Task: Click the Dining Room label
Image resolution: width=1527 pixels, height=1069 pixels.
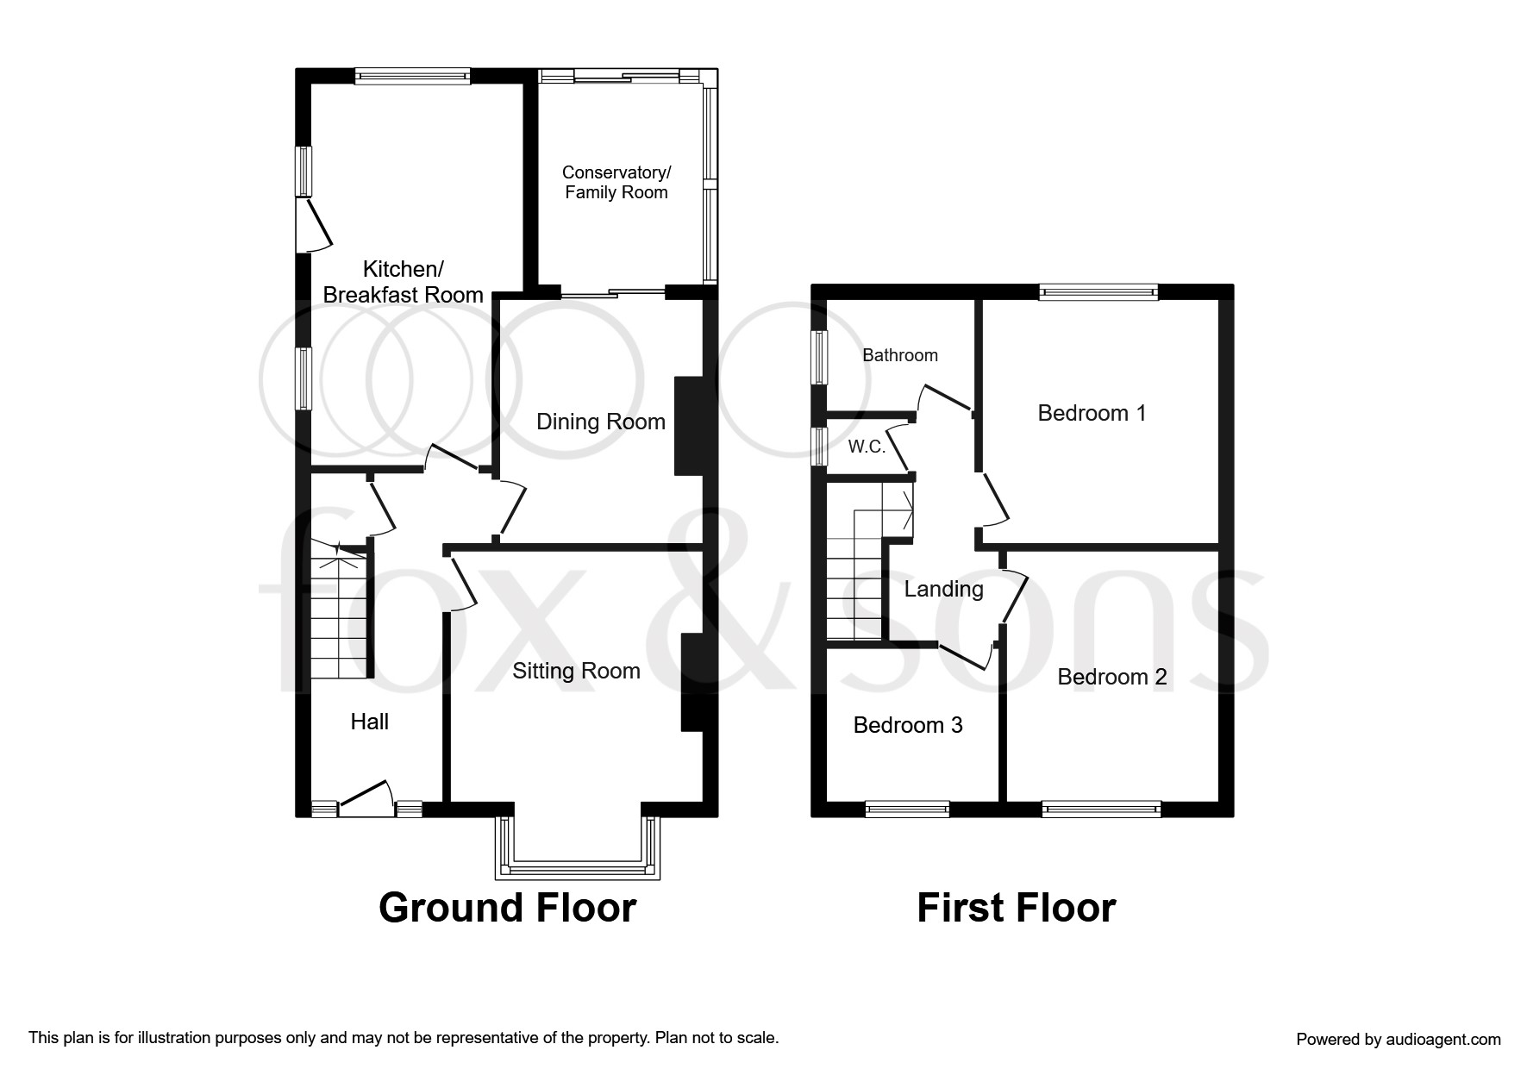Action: click(x=601, y=422)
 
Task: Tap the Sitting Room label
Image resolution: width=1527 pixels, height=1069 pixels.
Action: click(x=576, y=671)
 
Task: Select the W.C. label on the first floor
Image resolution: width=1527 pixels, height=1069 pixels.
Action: click(x=867, y=447)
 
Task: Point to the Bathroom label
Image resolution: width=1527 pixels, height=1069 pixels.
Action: click(x=900, y=355)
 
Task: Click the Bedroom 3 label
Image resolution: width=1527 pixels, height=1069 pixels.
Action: click(x=908, y=725)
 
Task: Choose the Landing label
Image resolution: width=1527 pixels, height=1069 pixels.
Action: click(x=943, y=590)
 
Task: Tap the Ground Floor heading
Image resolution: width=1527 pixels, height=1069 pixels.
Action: click(x=507, y=908)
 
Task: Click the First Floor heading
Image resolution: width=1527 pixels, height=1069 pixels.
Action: click(x=1016, y=908)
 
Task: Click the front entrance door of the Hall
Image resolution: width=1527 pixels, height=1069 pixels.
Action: click(x=366, y=798)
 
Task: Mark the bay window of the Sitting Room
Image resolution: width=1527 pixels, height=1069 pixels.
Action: click(x=578, y=848)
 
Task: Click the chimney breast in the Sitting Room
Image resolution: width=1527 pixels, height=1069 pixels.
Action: click(x=693, y=683)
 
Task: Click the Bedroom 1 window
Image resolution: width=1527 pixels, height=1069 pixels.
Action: click(x=1098, y=292)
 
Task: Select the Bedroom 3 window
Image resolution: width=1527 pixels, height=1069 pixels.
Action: click(x=907, y=809)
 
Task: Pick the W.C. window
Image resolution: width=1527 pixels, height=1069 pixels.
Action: click(x=819, y=447)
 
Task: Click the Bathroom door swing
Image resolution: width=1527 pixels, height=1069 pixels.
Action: click(x=945, y=403)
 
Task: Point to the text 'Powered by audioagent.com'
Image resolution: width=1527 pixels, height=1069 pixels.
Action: click(x=1399, y=1040)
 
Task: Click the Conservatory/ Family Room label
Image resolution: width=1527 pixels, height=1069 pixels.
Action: click(x=616, y=183)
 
